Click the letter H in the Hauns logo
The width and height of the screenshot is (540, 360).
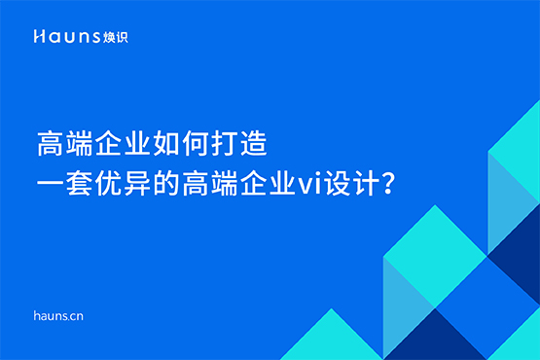point(37,36)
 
